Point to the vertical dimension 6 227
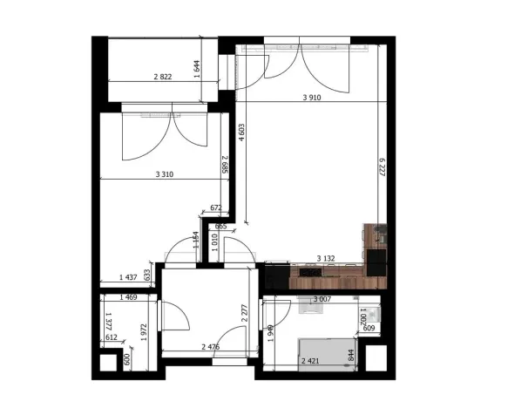381,167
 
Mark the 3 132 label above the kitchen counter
326,259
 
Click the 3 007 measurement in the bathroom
322,299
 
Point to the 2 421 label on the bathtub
310,361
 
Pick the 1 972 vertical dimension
143,335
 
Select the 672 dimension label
218,208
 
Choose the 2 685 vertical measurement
224,165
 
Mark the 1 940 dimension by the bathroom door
271,334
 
